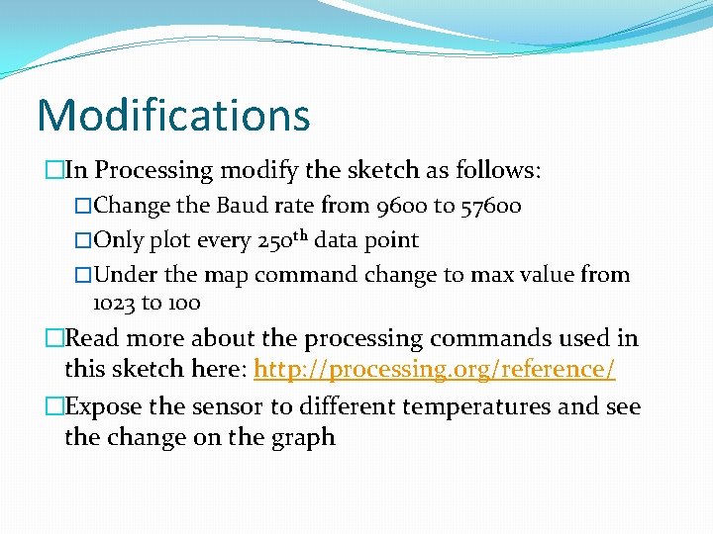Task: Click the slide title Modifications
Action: pyautogui.click(x=173, y=115)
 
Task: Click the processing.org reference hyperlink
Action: pyautogui.click(x=435, y=370)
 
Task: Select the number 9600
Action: pyautogui.click(x=402, y=207)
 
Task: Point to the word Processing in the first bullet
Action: pyautogui.click(x=153, y=170)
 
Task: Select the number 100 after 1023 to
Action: pyautogui.click(x=183, y=303)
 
